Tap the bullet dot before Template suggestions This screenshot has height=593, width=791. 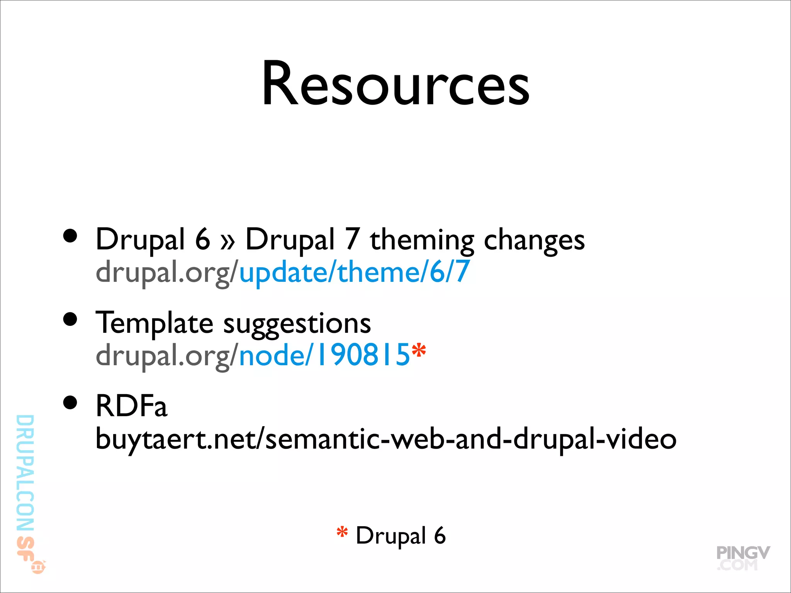(70, 319)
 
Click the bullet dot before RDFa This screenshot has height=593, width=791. (70, 403)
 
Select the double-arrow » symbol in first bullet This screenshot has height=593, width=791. (227, 241)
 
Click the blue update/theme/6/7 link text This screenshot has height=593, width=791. (354, 272)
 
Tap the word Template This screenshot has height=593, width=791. (154, 323)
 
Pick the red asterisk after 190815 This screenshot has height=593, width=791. (419, 351)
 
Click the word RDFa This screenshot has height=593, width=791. (131, 406)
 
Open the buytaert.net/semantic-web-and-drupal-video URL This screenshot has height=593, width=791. (385, 439)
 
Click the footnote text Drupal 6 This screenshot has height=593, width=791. (401, 536)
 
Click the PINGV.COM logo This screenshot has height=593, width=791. (742, 557)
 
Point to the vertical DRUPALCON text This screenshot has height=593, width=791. (25, 473)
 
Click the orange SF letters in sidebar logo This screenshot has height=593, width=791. (25, 548)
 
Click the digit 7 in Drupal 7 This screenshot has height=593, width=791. (352, 239)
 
